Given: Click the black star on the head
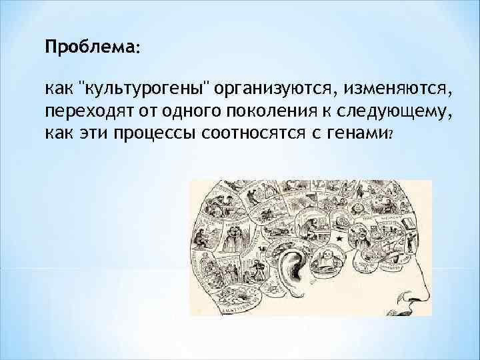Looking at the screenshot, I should [x=339, y=237].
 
